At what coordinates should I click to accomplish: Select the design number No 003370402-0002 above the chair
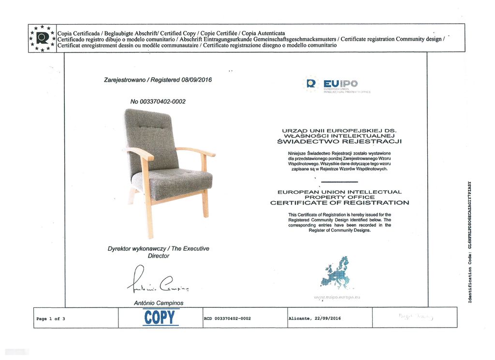pos(158,101)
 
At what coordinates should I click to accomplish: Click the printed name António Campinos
pos(159,303)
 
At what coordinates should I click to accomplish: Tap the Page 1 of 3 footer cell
pos(51,318)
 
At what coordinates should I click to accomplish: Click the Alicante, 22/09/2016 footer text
pos(315,318)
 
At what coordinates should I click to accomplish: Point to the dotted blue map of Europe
pos(336,273)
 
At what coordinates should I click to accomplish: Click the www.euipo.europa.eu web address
pos(337,298)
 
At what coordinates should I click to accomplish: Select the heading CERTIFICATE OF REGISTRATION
pos(339,202)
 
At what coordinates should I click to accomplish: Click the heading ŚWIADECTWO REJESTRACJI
pos(339,142)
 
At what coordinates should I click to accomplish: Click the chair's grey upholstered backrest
pos(150,135)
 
